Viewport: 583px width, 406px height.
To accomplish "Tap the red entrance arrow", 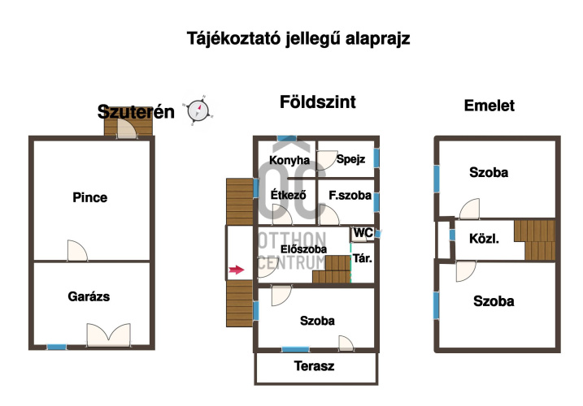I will click(236, 270).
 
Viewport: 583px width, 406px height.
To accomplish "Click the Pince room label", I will click(89, 197).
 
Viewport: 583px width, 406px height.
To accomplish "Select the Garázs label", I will click(89, 296).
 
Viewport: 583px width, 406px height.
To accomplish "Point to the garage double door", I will click(108, 334).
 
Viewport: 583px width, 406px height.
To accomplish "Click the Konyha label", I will click(289, 160).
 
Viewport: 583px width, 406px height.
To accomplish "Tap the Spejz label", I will click(350, 160).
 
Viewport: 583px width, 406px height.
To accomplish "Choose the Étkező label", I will click(287, 195).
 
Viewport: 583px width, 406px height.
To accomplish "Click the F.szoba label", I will click(350, 196).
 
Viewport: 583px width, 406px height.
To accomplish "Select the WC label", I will click(363, 233).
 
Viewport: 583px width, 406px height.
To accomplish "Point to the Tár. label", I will click(363, 259).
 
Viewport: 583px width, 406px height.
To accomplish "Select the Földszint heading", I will click(317, 102).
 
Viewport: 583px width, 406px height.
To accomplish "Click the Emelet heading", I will click(489, 106).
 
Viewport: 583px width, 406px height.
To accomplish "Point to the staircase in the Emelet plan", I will click(537, 240).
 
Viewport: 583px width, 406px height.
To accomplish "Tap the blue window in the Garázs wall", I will click(56, 347).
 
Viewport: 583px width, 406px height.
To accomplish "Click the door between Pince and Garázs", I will click(77, 252).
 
